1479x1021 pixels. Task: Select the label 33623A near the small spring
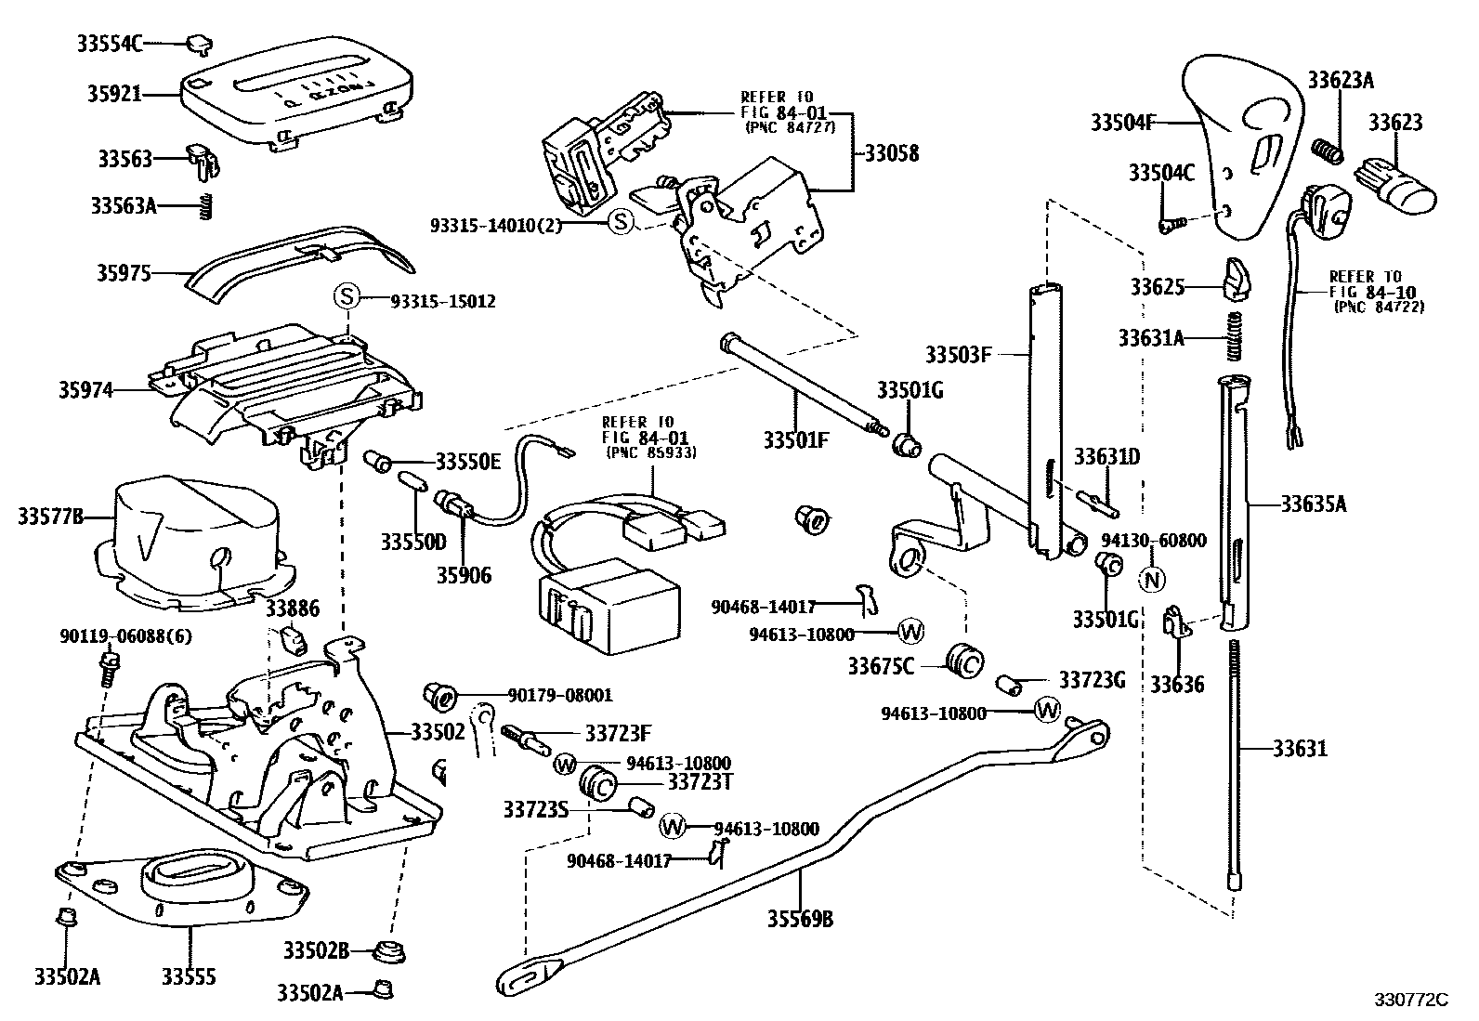(x=1341, y=80)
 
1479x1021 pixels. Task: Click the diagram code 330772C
(x=1411, y=1000)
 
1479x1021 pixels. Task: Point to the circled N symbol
(x=1151, y=578)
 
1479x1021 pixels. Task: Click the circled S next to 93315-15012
(x=346, y=297)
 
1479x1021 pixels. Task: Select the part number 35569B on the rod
(x=800, y=920)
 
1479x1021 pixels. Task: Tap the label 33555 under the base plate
(x=189, y=976)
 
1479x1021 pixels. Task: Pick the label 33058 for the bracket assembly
(x=892, y=154)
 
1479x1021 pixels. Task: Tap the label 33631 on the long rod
(x=1300, y=748)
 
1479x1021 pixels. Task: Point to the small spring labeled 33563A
(x=207, y=206)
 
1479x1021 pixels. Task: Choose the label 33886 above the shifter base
(x=292, y=609)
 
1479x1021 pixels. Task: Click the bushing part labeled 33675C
(x=963, y=661)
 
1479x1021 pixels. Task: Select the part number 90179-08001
(x=560, y=695)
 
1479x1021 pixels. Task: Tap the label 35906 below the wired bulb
(x=464, y=576)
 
